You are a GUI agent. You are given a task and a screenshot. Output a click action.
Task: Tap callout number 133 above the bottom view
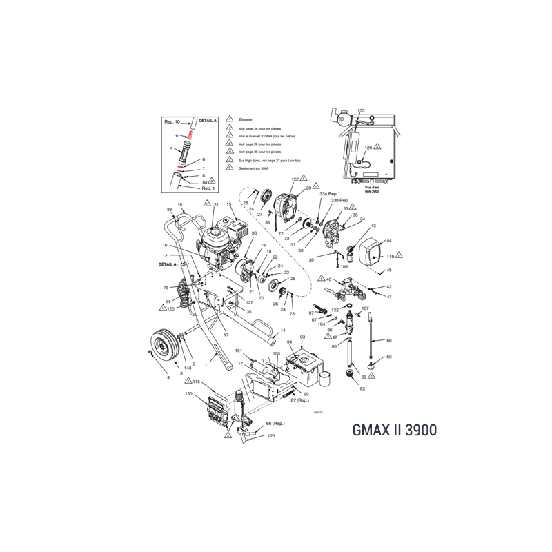[361, 110]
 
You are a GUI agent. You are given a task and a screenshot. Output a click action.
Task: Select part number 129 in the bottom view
[368, 148]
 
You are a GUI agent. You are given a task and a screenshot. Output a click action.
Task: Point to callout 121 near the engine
[215, 205]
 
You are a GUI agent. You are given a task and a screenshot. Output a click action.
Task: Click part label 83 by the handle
[169, 209]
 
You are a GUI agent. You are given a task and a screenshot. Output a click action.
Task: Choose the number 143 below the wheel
[188, 368]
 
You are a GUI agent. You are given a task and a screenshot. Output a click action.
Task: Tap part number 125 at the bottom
[271, 436]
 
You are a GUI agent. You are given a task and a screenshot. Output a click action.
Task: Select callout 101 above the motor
[239, 351]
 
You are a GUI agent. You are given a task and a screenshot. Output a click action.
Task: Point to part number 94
[290, 342]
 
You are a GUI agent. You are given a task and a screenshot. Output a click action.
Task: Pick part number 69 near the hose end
[388, 357]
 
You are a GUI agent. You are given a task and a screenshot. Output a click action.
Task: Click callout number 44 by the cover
[388, 241]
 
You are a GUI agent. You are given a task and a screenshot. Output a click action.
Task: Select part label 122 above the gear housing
[295, 179]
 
